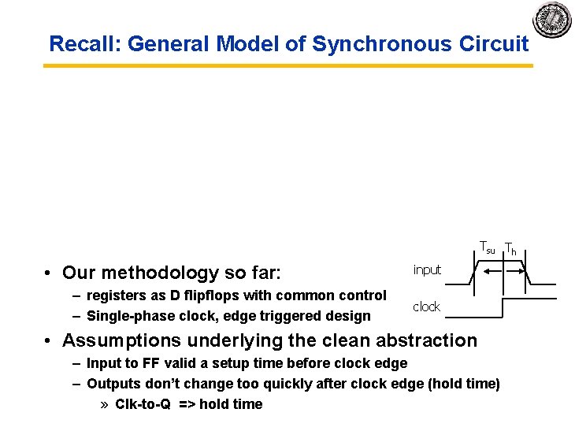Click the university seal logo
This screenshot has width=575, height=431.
552,18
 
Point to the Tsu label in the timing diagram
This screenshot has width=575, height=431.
488,247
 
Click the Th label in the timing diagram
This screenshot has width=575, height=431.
510,249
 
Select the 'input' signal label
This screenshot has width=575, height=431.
427,269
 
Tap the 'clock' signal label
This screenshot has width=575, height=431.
426,307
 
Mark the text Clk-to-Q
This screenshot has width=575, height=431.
142,404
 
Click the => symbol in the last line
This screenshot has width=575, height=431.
187,404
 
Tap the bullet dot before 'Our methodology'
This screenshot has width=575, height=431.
49,273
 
